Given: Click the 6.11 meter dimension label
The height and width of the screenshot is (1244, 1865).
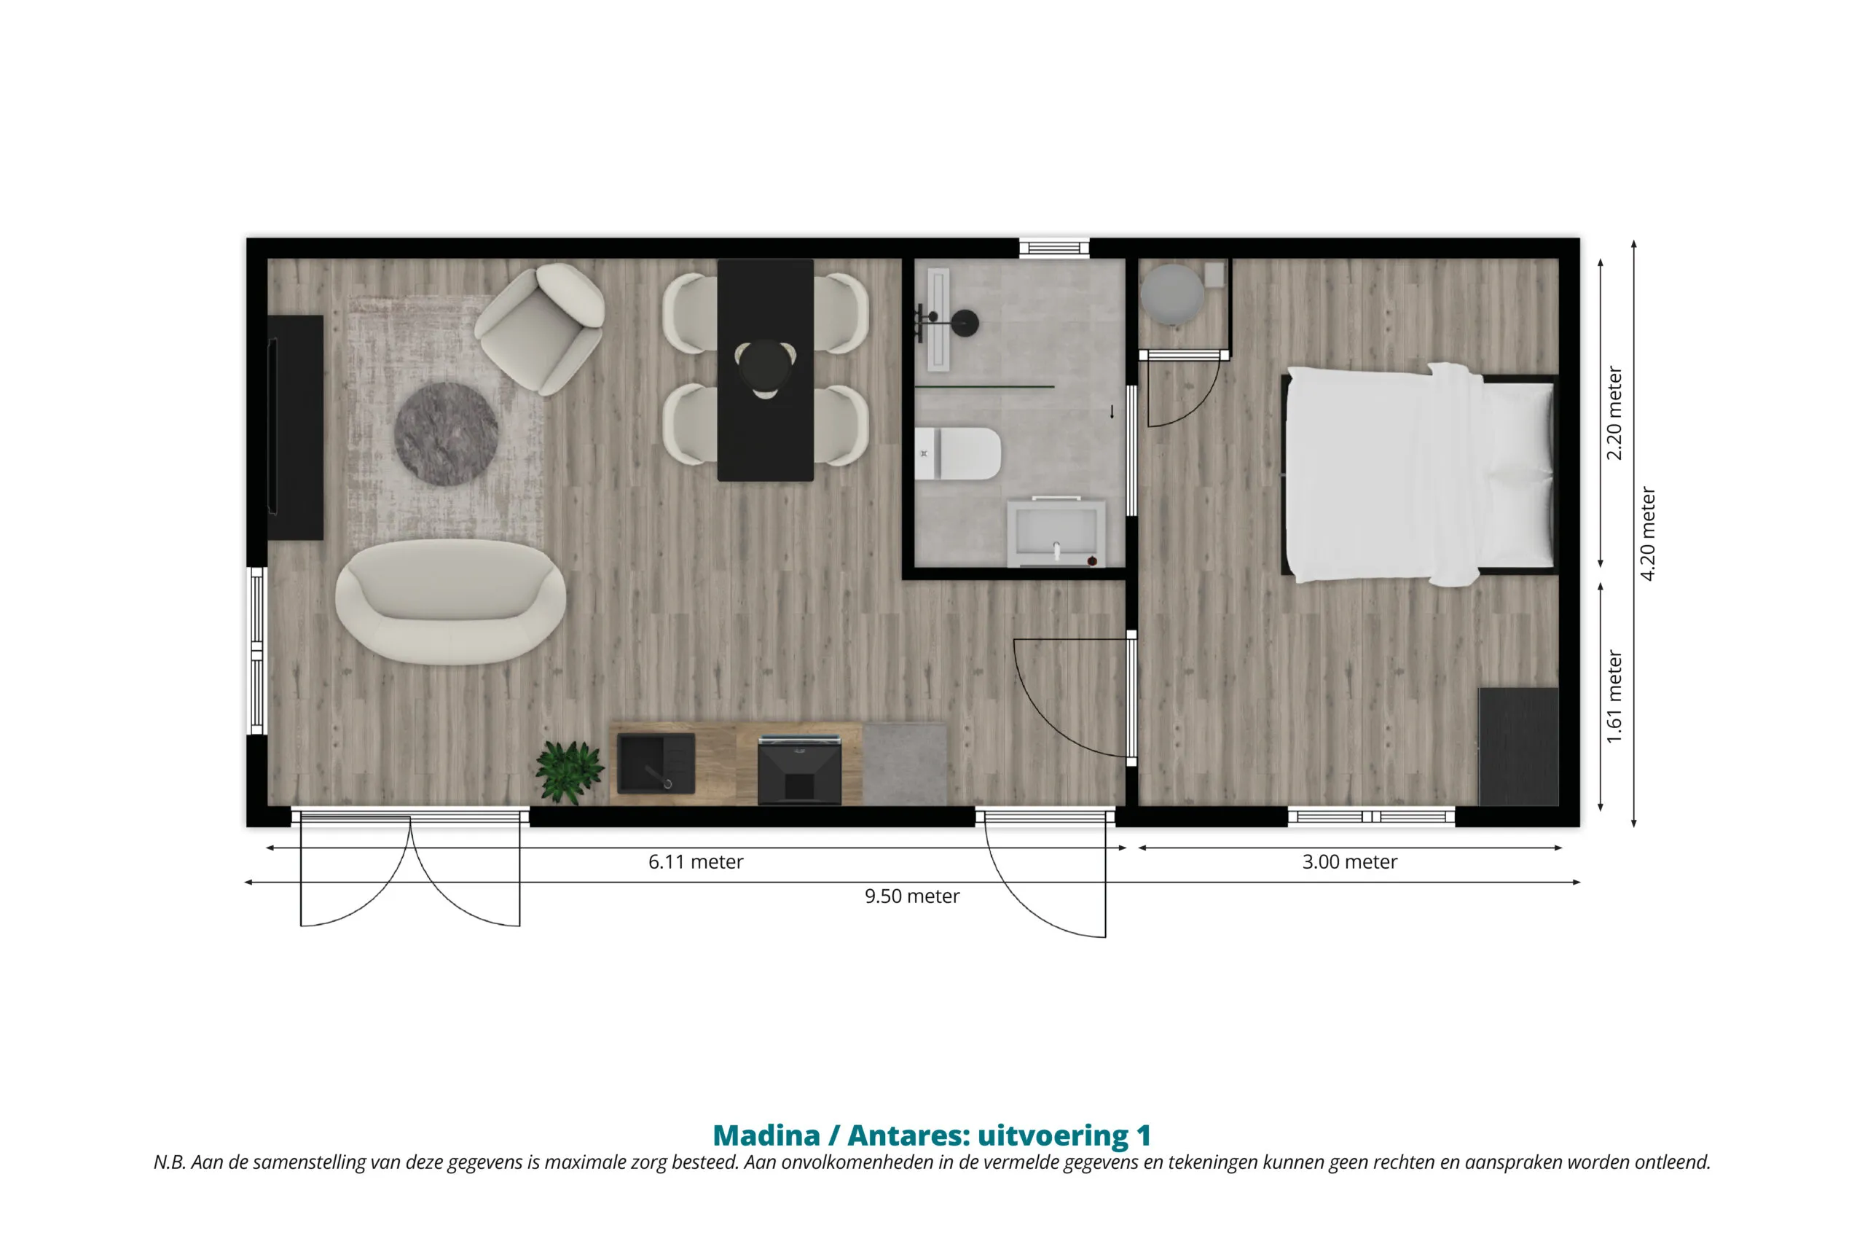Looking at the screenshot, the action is click(x=696, y=861).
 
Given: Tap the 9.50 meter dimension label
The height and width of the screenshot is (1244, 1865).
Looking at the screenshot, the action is click(x=912, y=896).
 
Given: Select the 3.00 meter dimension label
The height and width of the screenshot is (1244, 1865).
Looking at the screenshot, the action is click(x=1350, y=861).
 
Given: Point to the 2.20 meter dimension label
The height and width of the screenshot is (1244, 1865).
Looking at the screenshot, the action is click(x=1614, y=413).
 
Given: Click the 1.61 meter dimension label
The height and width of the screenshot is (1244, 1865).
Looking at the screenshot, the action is click(x=1614, y=697).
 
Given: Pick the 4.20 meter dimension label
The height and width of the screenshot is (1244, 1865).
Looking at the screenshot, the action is click(x=1647, y=534).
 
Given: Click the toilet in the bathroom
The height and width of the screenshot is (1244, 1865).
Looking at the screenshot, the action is click(x=957, y=454).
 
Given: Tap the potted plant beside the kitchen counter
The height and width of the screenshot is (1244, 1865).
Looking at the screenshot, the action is click(x=568, y=771).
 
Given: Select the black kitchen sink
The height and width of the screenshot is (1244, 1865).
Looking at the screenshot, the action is click(x=656, y=763).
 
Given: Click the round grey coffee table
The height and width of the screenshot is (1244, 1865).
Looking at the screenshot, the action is click(x=447, y=434).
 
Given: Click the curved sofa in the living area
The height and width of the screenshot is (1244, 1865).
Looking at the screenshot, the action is click(x=450, y=601).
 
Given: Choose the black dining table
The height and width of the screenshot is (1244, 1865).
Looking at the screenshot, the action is click(x=765, y=369).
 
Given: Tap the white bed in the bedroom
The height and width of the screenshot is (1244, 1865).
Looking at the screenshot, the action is click(x=1418, y=474).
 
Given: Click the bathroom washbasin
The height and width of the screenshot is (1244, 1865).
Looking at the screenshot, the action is click(x=1056, y=532).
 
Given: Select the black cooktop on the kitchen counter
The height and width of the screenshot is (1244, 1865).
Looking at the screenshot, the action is click(x=799, y=769).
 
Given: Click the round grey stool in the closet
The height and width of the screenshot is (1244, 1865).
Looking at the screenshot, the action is click(x=1172, y=294).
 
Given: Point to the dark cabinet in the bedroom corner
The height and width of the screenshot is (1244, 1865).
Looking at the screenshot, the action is click(x=1518, y=746).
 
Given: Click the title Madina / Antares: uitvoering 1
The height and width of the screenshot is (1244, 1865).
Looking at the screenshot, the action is click(x=932, y=1135).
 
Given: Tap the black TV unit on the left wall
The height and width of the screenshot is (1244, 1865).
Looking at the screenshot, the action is click(x=295, y=428).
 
